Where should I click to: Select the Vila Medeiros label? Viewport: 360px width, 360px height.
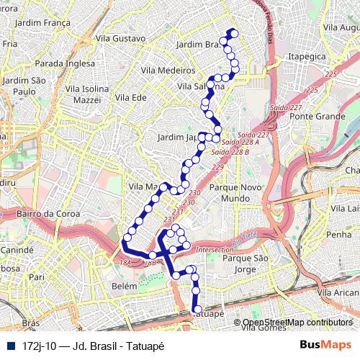tap(168, 71)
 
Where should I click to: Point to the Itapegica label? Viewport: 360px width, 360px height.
tap(307, 55)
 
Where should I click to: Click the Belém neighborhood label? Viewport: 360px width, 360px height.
tap(125, 286)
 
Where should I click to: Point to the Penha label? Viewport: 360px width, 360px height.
tap(338, 235)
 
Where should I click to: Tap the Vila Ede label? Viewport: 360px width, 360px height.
tap(130, 97)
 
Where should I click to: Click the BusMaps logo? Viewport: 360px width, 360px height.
tap(330, 345)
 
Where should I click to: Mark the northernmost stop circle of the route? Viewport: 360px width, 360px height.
tap(232, 32)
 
